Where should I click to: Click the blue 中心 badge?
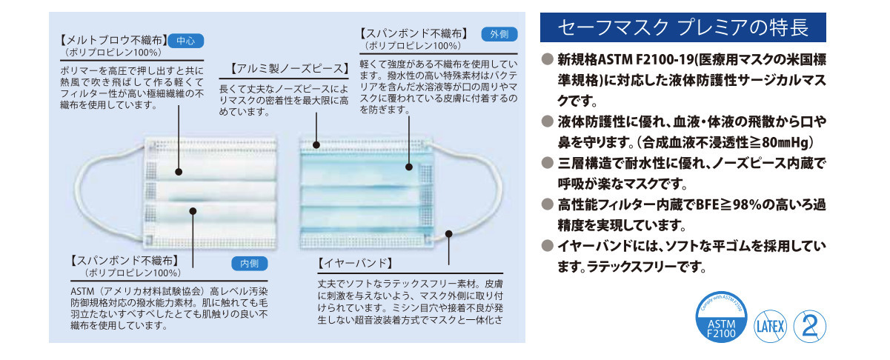coord(185,41)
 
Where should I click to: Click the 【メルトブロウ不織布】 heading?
coord(112,41)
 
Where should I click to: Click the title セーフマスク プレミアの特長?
coord(682,28)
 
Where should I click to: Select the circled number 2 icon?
coord(809,324)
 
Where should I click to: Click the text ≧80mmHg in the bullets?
coord(779,142)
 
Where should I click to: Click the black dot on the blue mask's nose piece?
coord(316,145)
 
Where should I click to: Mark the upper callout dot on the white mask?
coord(179,173)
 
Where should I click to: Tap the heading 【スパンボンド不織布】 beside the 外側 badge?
coord(413,33)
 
